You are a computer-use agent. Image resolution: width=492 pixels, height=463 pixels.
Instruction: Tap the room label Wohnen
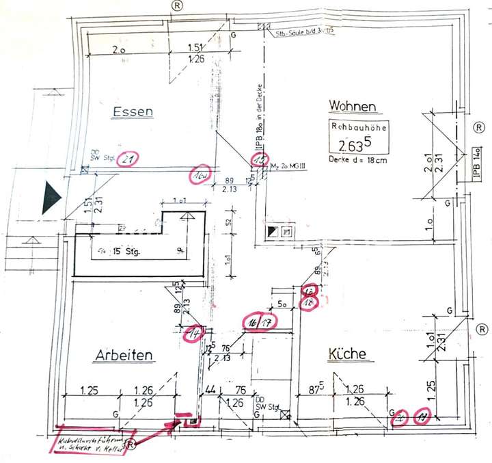tap(353, 106)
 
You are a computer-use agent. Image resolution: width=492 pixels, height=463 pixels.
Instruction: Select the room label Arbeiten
tap(124, 355)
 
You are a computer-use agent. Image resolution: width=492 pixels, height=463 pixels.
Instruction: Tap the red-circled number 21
tap(125, 161)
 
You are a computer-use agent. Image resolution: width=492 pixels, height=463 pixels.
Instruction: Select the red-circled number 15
tap(260, 161)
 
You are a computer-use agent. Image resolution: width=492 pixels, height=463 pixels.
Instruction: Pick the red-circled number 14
tap(195, 334)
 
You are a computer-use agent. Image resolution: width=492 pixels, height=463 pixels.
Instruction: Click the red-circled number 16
tap(253, 321)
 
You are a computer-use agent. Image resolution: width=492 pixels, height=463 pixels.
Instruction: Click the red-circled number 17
tap(269, 321)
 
